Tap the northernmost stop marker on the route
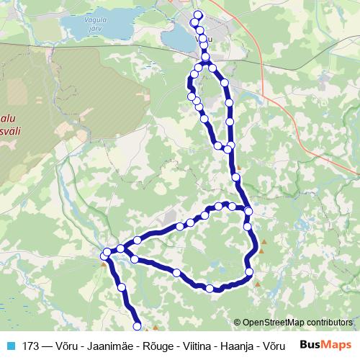click(x=199, y=16)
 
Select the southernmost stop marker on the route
click(x=138, y=326)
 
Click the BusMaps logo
click(x=326, y=345)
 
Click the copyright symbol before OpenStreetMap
click(x=237, y=322)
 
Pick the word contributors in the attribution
click(x=331, y=322)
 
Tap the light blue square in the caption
click(x=10, y=346)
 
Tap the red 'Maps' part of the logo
click(x=338, y=345)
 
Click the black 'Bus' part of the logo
click(x=312, y=345)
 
